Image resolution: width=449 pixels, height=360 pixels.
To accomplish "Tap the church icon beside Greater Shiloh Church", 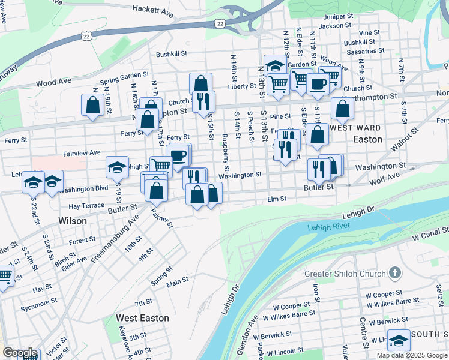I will pyautogui.click(x=394, y=274).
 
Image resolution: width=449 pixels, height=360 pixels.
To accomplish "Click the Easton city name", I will pyautogui.click(x=368, y=139).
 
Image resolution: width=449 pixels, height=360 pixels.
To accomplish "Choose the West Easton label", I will pyautogui.click(x=142, y=318).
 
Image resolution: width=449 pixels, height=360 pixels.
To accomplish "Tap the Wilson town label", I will pyautogui.click(x=73, y=221).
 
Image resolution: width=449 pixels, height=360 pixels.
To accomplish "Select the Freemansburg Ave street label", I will pyautogui.click(x=115, y=241).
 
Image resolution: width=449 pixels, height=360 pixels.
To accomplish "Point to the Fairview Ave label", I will pyautogui.click(x=82, y=153).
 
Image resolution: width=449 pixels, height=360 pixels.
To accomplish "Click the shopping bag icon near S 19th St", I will pyautogui.click(x=92, y=106).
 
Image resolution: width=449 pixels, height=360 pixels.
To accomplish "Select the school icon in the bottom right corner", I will pyautogui.click(x=399, y=341).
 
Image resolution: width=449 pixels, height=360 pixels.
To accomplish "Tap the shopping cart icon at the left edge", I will pyautogui.click(x=5, y=276).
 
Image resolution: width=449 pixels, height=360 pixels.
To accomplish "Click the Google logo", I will pyautogui.click(x=20, y=353).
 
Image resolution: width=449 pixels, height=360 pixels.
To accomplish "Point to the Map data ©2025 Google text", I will pyautogui.click(x=412, y=355).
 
